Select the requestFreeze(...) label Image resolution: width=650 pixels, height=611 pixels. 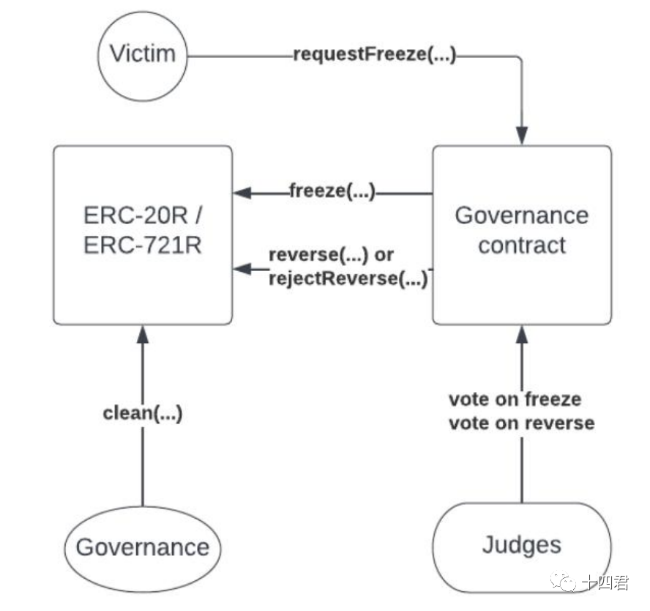(374, 55)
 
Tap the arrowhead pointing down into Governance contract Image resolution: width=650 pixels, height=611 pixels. (521, 136)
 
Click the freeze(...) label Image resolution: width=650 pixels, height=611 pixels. (332, 193)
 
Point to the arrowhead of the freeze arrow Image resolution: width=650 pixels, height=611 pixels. (242, 193)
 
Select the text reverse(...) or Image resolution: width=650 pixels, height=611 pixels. (331, 255)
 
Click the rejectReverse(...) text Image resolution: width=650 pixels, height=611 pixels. (348, 278)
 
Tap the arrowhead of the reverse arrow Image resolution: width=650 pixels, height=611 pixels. (242, 270)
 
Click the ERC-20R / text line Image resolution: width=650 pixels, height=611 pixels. (143, 217)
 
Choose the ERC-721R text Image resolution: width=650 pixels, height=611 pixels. (143, 245)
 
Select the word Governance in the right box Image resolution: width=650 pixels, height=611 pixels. (521, 215)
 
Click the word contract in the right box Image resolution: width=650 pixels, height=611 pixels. (521, 245)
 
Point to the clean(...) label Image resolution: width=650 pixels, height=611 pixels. (143, 413)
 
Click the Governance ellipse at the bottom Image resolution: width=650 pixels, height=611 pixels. (143, 547)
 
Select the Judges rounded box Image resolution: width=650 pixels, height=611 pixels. (521, 546)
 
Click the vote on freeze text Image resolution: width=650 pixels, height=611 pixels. (515, 399)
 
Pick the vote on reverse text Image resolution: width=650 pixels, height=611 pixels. (521, 423)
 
